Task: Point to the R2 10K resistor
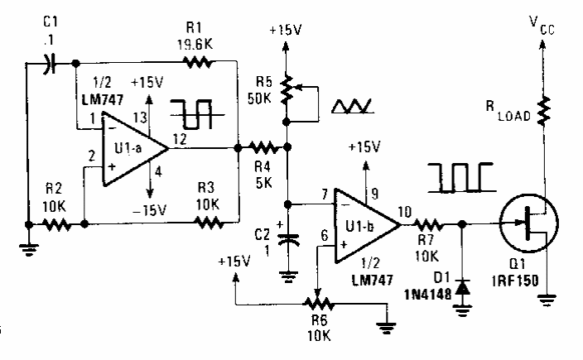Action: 56,223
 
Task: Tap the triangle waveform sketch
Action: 353,106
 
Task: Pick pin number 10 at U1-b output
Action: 403,210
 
